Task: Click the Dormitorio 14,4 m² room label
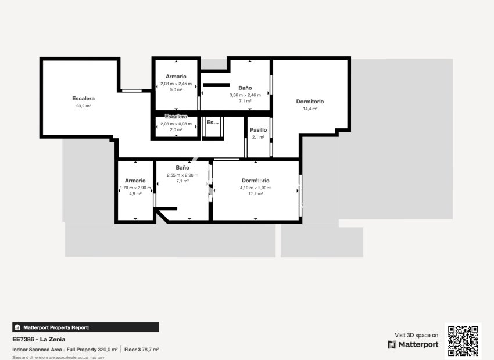[x=310, y=102]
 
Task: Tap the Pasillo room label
[x=258, y=130]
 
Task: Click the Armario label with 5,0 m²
[x=176, y=77]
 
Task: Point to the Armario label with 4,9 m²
[x=135, y=181]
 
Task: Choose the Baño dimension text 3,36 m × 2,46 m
[x=249, y=95]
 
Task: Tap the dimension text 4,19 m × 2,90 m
[x=255, y=188]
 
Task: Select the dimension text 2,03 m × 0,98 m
[x=176, y=123]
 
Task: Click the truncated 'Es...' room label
[x=213, y=123]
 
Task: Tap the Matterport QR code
[x=463, y=341]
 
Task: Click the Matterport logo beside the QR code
[x=413, y=344]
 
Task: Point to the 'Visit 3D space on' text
[x=417, y=335]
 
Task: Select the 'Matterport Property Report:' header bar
[x=85, y=327]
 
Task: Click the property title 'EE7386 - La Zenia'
[x=39, y=340]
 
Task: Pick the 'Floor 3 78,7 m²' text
[x=142, y=350]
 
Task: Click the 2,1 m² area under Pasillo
[x=258, y=138]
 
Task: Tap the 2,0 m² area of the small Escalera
[x=176, y=130]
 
